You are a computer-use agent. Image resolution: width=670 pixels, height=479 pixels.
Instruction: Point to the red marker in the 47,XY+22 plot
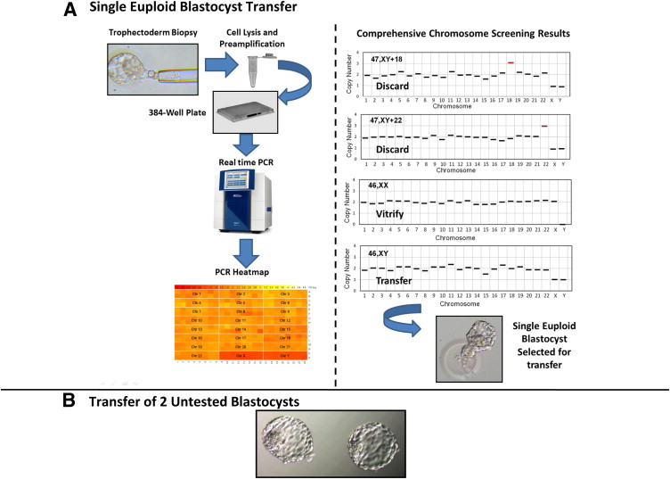[x=544, y=126]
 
